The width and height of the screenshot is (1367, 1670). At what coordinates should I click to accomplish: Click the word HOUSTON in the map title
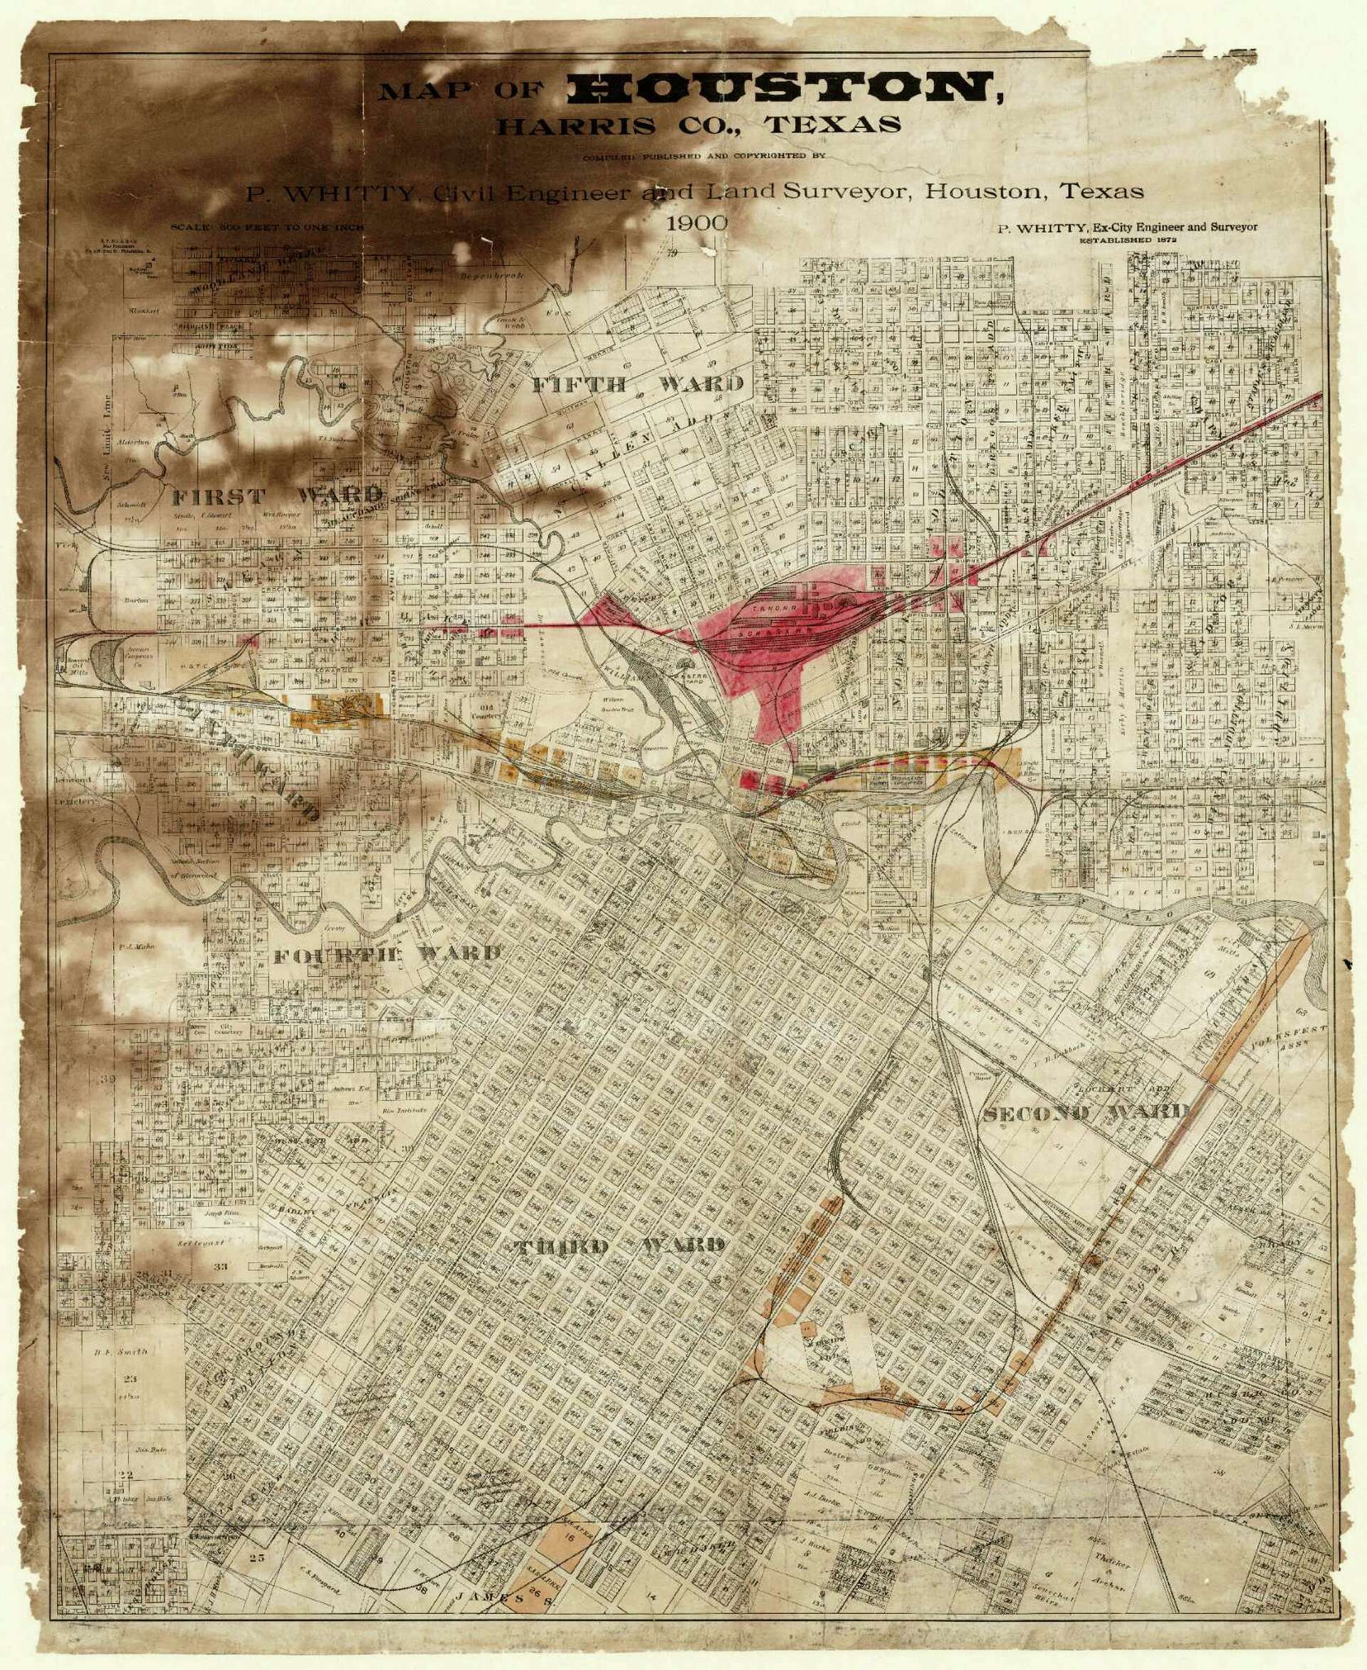[783, 88]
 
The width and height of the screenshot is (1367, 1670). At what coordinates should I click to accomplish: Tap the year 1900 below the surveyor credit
[696, 223]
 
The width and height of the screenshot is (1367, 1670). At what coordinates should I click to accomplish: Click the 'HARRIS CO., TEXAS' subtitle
[698, 125]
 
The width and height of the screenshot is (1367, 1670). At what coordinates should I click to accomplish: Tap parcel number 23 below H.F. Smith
[129, 1379]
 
